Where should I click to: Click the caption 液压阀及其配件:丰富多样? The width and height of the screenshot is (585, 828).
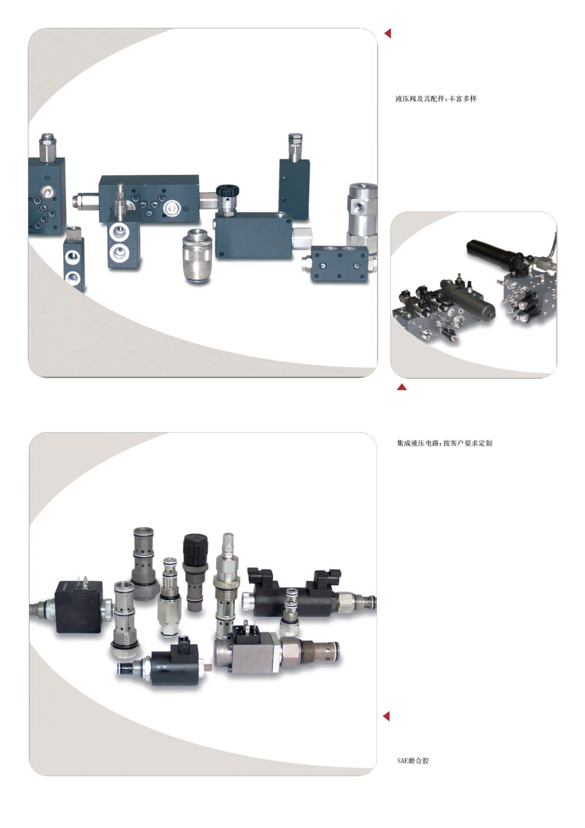point(436,99)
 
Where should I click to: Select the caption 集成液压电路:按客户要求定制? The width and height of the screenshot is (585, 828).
point(444,443)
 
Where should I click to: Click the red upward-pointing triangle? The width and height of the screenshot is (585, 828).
point(402,387)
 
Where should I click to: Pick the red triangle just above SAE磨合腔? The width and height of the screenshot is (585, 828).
point(386,716)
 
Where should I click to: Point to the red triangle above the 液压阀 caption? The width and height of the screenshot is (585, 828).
point(388,34)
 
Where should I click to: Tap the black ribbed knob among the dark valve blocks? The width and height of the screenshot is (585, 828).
point(227,193)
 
